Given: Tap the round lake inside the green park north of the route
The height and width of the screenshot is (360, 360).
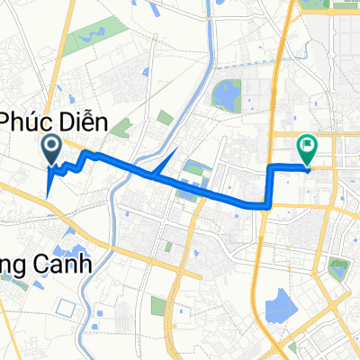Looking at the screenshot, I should [x=223, y=92].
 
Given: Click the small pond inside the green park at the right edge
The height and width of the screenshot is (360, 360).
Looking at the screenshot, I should [x=338, y=267].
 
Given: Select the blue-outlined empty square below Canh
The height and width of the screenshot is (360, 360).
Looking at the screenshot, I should [x=63, y=307].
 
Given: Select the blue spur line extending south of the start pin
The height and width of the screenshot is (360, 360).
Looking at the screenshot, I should [x=48, y=183].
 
